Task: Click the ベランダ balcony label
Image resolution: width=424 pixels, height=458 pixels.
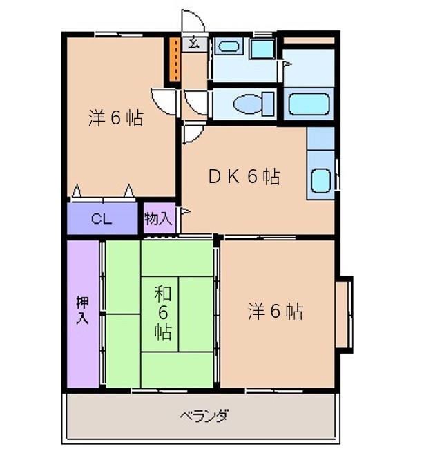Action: point(204,415)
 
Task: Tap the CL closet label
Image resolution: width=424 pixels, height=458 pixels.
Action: point(102,218)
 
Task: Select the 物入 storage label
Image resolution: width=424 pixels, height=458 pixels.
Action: point(158,218)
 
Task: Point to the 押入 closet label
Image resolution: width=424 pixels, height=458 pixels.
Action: point(82,310)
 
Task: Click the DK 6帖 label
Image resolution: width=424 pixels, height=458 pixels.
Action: point(244,176)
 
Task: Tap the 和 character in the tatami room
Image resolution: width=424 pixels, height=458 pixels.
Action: point(163,294)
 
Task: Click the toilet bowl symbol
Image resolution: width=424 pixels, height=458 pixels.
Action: point(248,104)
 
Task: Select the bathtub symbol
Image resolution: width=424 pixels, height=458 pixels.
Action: point(309,104)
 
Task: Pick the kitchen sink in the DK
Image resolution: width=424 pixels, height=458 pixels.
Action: point(320,181)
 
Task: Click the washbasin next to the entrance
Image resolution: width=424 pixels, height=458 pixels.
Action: point(229,46)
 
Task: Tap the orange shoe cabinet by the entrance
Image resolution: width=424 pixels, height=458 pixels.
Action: point(175,59)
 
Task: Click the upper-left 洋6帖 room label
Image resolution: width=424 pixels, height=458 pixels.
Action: point(115,118)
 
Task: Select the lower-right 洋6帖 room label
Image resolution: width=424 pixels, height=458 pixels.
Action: point(276,311)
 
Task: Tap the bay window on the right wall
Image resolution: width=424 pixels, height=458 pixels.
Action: point(344,314)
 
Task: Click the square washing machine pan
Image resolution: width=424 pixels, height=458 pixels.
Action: point(263,48)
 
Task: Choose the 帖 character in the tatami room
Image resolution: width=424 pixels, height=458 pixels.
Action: point(163,331)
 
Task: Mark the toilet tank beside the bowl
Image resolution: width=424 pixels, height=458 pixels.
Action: point(269,104)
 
